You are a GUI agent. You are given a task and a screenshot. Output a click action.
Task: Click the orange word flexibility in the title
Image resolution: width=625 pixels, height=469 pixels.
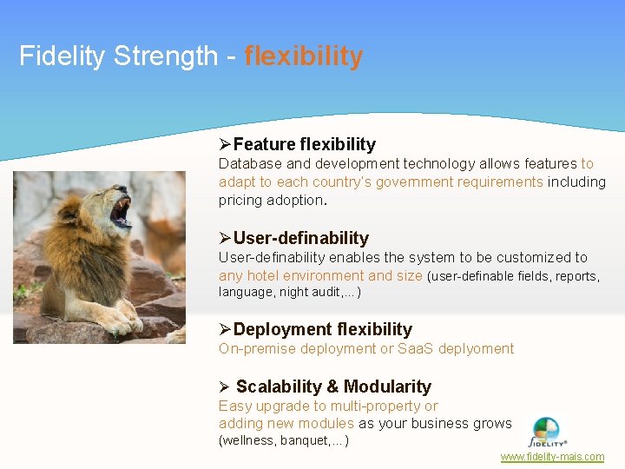point(304,56)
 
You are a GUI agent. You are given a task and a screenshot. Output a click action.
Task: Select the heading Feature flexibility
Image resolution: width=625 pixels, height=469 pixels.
point(304,144)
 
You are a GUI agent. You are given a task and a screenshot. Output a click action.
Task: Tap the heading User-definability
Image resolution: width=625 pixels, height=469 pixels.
point(300,238)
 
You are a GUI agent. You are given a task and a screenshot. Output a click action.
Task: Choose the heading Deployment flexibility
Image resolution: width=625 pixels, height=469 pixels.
point(322,329)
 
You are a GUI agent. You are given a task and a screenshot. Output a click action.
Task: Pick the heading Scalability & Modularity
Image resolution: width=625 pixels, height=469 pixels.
point(332,386)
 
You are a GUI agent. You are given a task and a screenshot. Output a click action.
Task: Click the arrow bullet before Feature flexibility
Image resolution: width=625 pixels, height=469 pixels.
point(225,144)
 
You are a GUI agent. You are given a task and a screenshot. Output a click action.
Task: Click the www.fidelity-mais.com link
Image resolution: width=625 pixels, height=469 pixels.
point(552,457)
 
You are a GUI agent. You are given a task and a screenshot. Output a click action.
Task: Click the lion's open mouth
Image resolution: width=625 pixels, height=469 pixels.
point(121,212)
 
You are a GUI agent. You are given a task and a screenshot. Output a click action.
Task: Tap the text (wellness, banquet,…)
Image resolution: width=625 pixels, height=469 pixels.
point(284,441)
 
